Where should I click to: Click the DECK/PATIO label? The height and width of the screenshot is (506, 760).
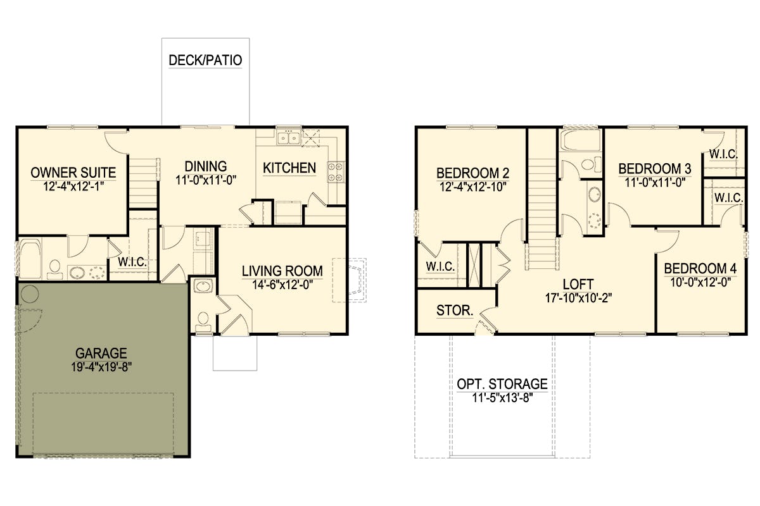pyautogui.click(x=205, y=60)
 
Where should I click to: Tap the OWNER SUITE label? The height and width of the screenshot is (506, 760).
pyautogui.click(x=73, y=173)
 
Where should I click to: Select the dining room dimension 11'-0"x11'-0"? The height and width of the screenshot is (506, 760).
pyautogui.click(x=206, y=180)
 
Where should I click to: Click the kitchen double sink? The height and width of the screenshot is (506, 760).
pyautogui.click(x=288, y=138)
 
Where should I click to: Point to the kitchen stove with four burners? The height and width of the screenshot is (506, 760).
pyautogui.click(x=336, y=172)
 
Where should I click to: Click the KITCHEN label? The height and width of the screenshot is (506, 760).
pyautogui.click(x=289, y=168)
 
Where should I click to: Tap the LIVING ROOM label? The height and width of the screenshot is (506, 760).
pyautogui.click(x=282, y=271)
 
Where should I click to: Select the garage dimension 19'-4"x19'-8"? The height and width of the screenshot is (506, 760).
pyautogui.click(x=101, y=367)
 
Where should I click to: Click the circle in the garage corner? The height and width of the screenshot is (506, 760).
pyautogui.click(x=30, y=294)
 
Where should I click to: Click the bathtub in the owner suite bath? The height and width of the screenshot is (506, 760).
pyautogui.click(x=30, y=259)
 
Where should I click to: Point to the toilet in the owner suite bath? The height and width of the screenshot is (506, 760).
pyautogui.click(x=54, y=269)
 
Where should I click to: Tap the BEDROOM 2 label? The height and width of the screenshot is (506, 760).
pyautogui.click(x=472, y=173)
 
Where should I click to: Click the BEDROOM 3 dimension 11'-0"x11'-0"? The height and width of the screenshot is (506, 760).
pyautogui.click(x=655, y=183)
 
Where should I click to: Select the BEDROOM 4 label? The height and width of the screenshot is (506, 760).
pyautogui.click(x=700, y=268)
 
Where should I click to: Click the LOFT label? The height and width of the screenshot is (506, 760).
pyautogui.click(x=578, y=285)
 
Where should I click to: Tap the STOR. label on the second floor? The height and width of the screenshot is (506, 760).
pyautogui.click(x=455, y=310)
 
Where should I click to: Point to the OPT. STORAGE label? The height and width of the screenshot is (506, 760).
pyautogui.click(x=502, y=384)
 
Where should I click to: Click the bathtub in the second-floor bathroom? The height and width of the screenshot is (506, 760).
pyautogui.click(x=580, y=139)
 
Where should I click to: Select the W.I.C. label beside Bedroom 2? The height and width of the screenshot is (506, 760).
pyautogui.click(x=440, y=266)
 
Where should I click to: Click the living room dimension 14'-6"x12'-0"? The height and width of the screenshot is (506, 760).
pyautogui.click(x=282, y=285)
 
